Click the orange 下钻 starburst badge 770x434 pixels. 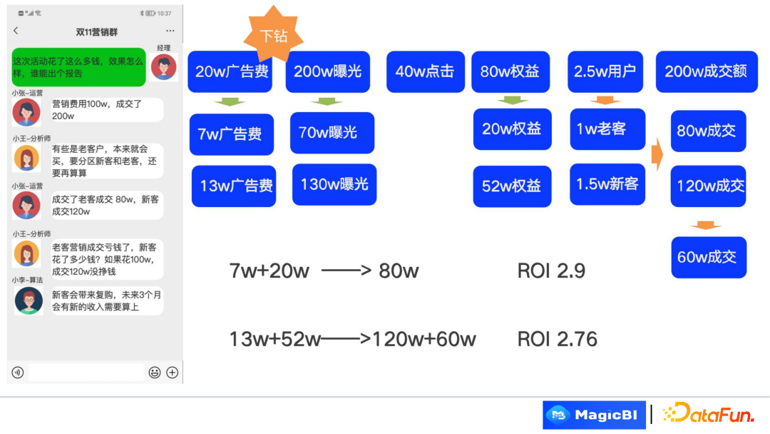[274, 35]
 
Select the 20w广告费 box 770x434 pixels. [230, 71]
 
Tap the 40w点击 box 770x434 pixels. [425, 71]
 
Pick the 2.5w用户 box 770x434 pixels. [605, 71]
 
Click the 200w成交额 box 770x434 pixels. [706, 71]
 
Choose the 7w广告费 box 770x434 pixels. [231, 133]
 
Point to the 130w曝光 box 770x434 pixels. [334, 185]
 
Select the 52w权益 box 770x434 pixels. [512, 186]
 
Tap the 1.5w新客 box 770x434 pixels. [607, 184]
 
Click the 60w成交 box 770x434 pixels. [708, 257]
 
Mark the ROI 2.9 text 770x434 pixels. [552, 271]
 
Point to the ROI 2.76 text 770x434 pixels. [558, 339]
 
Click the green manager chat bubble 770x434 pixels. [78, 67]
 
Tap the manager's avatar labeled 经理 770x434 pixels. [164, 67]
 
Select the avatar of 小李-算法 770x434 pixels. [29, 300]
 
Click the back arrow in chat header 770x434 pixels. [16, 31]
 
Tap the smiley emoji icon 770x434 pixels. [154, 372]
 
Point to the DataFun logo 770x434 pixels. [708, 414]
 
